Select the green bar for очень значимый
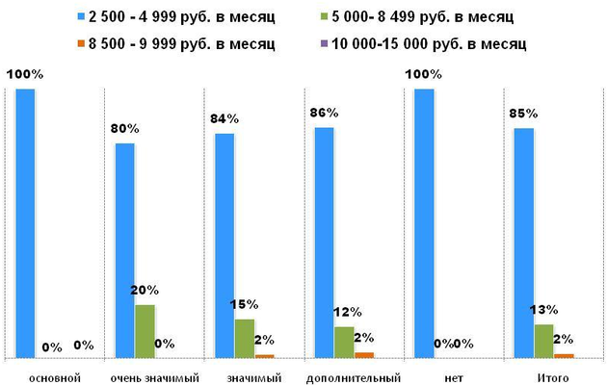(145, 331)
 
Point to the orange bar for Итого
(564, 355)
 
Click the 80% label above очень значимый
(125, 127)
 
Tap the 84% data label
(224, 117)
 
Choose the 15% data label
(244, 304)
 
